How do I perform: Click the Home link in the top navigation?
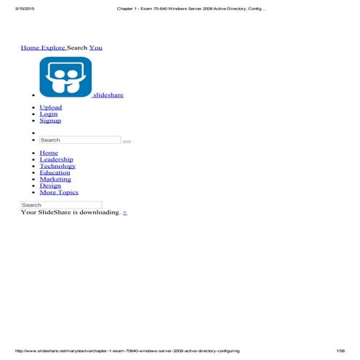[30, 47]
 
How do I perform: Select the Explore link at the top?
[53, 47]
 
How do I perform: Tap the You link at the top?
[95, 47]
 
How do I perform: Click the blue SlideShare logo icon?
[65, 77]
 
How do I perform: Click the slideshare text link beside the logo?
[108, 95]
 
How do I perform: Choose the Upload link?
[51, 108]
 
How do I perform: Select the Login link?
[49, 114]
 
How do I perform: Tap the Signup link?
[50, 121]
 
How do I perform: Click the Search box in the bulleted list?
[80, 140]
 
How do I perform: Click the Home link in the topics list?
[49, 153]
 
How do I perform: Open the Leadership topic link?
[56, 160]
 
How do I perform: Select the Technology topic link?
[57, 167]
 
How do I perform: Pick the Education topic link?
[55, 173]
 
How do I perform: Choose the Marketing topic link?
[55, 180]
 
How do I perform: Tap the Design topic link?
[50, 186]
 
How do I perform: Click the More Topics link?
[59, 193]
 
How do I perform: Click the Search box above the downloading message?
[61, 205]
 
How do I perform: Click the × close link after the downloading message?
[125, 212]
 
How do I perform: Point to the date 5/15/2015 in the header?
[15, 9]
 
